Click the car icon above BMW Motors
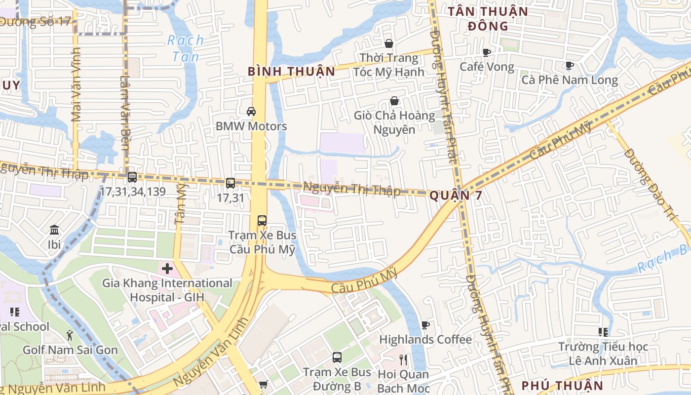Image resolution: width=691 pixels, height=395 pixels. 251,112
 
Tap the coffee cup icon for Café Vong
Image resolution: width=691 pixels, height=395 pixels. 487,52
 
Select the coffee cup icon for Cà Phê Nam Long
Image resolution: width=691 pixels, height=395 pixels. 569,65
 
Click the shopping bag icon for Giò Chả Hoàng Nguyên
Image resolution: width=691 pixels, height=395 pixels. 394,101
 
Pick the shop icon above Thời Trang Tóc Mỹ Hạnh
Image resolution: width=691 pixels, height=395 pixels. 389,43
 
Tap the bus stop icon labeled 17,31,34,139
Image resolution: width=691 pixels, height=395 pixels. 132,177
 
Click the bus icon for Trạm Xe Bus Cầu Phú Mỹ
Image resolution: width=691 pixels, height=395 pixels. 262,220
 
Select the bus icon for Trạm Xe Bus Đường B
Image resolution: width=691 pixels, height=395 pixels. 337,357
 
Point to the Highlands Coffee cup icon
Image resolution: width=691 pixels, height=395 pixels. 425,325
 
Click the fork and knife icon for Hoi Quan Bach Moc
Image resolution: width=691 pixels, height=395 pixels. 403,360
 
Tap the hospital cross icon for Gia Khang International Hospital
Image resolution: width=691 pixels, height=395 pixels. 167,269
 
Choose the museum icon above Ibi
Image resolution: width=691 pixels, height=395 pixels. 54,230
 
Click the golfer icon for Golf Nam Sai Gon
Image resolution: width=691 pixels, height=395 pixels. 70,336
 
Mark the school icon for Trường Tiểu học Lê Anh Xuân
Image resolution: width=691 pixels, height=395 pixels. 603,332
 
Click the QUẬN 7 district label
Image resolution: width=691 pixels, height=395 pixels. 455,196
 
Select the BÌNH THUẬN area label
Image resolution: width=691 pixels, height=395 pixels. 291,72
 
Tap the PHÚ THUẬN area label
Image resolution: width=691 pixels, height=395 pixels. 562,386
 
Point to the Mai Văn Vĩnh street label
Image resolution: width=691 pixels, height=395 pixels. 76,89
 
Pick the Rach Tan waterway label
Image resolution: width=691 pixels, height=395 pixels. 186,48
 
